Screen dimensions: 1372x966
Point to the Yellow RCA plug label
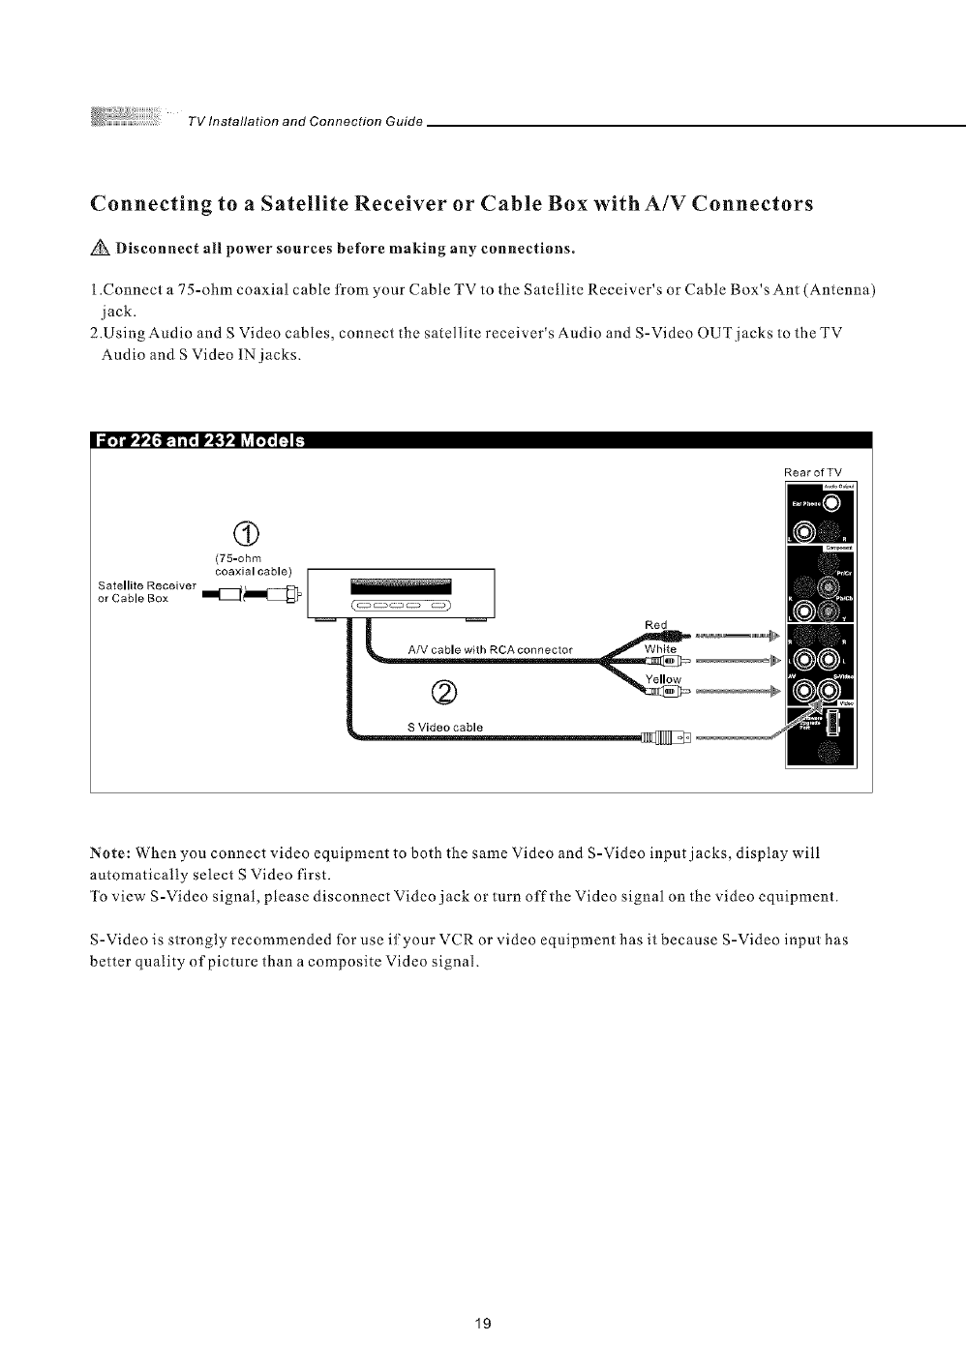[x=663, y=679]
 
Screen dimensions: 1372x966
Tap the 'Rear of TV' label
[x=813, y=472]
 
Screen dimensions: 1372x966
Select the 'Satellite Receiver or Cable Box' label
[x=148, y=591]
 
